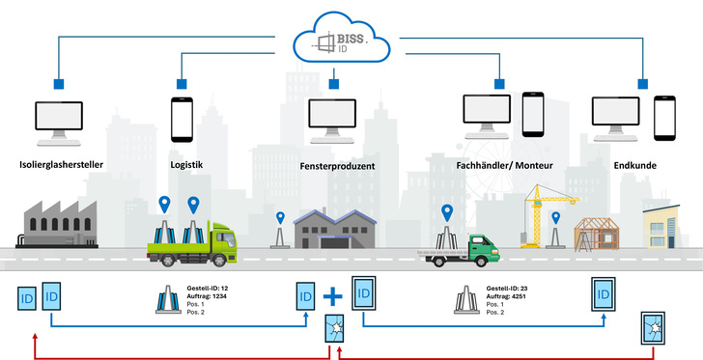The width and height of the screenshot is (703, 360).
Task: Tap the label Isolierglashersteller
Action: [63, 165]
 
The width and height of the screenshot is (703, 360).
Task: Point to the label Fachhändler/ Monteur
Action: [504, 165]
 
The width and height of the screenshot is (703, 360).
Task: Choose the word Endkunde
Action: [634, 165]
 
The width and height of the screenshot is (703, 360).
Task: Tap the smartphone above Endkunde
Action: [663, 117]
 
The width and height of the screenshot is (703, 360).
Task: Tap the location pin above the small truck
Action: [446, 211]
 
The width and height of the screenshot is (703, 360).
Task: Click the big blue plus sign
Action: [336, 293]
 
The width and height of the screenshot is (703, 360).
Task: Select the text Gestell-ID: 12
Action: [212, 289]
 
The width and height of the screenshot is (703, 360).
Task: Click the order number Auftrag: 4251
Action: [512, 296]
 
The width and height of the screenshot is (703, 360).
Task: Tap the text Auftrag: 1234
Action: [211, 297]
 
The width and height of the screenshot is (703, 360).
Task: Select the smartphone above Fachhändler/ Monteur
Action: [533, 114]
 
